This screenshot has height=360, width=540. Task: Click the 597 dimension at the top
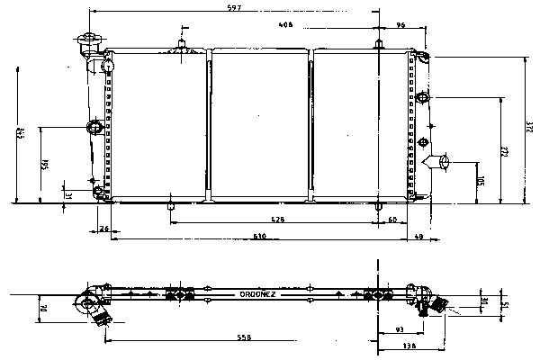pyautogui.click(x=234, y=9)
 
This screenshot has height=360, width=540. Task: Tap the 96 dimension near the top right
pyautogui.click(x=400, y=26)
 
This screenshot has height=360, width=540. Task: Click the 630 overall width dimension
pyautogui.click(x=259, y=236)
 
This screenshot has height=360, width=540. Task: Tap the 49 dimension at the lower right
pyautogui.click(x=419, y=236)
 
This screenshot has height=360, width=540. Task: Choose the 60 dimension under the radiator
pyautogui.click(x=392, y=220)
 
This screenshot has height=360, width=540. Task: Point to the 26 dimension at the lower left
pyautogui.click(x=104, y=229)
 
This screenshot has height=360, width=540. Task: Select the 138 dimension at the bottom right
pyautogui.click(x=410, y=346)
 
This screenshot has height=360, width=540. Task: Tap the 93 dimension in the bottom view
pyautogui.click(x=399, y=330)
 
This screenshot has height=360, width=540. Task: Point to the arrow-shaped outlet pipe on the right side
pyautogui.click(x=444, y=162)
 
